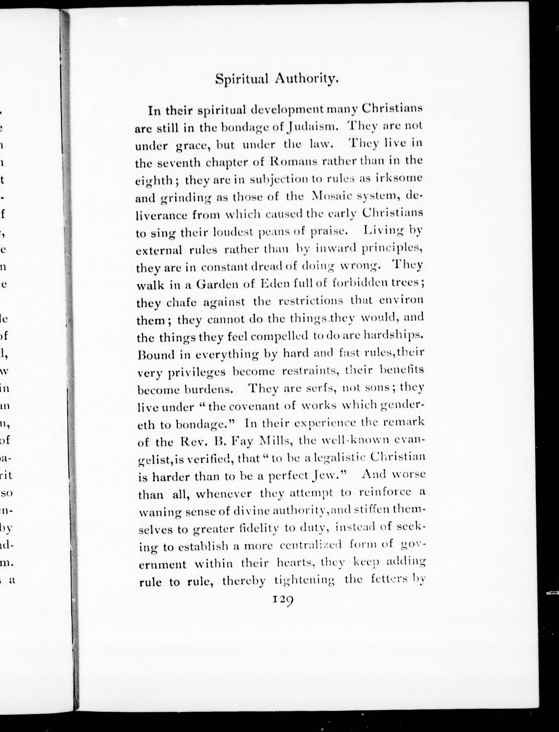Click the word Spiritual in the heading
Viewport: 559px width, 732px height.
click(242, 80)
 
